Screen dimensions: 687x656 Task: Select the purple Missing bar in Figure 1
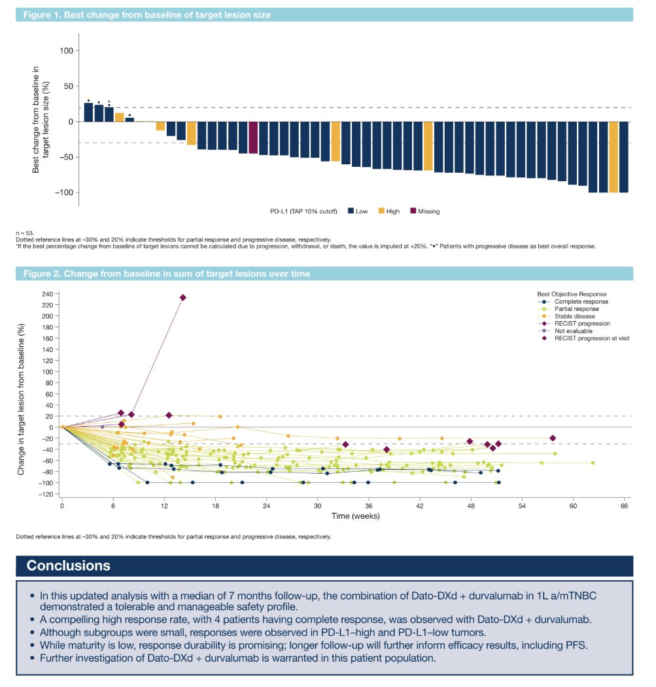(x=253, y=137)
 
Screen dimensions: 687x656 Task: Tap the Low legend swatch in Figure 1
(x=351, y=211)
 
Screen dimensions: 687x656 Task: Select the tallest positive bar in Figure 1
(x=88, y=112)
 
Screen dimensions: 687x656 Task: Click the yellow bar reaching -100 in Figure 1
(x=613, y=157)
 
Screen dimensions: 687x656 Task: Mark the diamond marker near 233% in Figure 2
(x=183, y=298)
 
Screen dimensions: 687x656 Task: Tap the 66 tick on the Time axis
(x=625, y=506)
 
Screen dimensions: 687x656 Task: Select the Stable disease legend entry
(x=575, y=316)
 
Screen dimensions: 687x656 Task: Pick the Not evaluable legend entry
(x=574, y=330)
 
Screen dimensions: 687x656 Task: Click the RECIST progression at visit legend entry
(x=591, y=338)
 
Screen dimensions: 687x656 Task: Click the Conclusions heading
(x=69, y=566)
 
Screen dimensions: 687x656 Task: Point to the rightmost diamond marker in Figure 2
(x=553, y=438)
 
